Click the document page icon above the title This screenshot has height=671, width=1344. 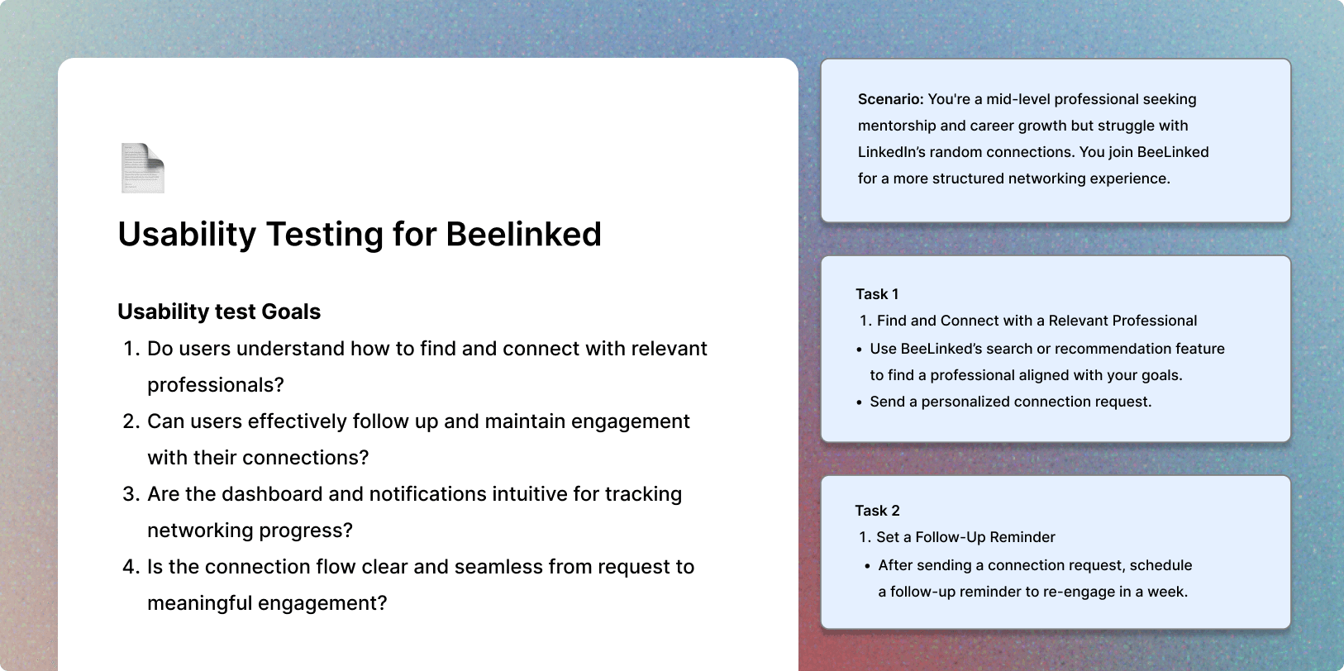pos(143,168)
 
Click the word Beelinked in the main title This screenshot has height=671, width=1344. pos(523,234)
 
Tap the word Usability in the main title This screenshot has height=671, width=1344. pos(187,235)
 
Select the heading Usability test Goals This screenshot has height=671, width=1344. pos(219,312)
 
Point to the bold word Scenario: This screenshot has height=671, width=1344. pos(890,99)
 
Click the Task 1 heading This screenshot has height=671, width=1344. pos(877,294)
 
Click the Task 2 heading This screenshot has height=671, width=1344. pos(877,511)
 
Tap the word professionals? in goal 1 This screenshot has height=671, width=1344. pos(216,385)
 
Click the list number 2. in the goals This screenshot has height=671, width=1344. pos(131,421)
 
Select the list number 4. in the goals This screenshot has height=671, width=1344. pos(131,567)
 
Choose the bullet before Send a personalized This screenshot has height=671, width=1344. pos(859,402)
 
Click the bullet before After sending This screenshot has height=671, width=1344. pos(868,566)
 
